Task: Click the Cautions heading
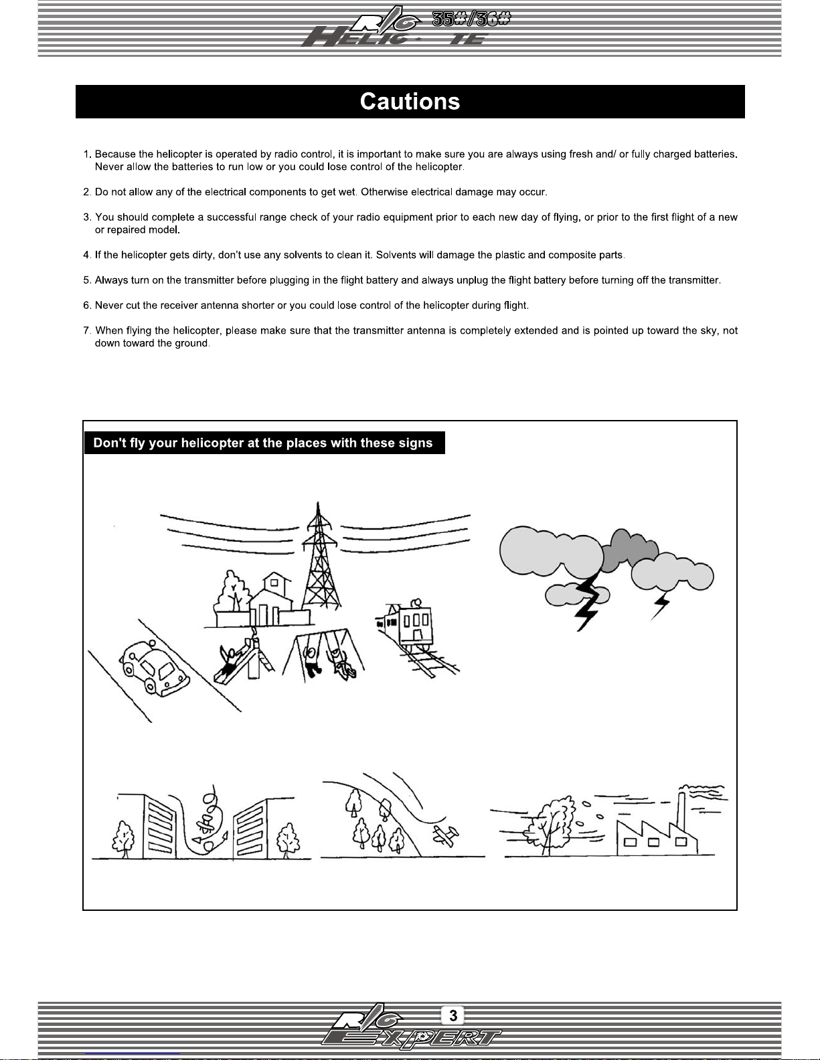[410, 102]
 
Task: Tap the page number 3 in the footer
[453, 1015]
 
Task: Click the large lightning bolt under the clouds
[588, 601]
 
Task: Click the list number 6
[87, 306]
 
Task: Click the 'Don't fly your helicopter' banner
[264, 443]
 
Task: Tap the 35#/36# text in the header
[471, 19]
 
